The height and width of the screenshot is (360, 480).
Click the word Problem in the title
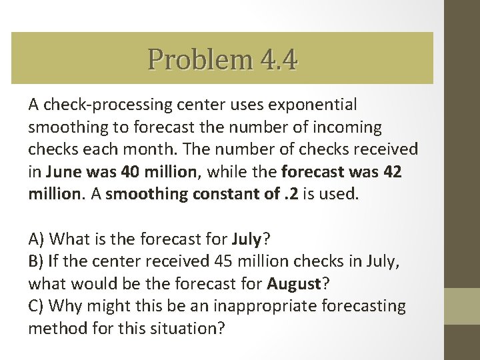pyautogui.click(x=198, y=59)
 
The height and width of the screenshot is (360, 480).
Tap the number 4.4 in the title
pyautogui.click(x=275, y=59)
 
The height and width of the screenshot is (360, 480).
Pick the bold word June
pyautogui.click(x=63, y=171)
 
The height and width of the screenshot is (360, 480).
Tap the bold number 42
pyautogui.click(x=393, y=171)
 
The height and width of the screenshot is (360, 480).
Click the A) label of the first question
pyautogui.click(x=37, y=238)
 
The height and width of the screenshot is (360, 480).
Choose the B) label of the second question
pyautogui.click(x=37, y=261)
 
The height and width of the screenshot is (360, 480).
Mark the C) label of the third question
pyautogui.click(x=37, y=306)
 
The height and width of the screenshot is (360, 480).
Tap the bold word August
pyautogui.click(x=294, y=283)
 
